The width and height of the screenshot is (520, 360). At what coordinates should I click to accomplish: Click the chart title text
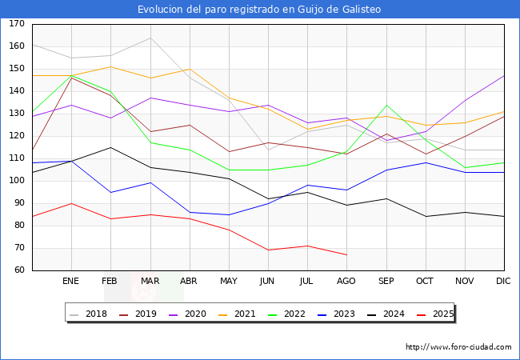259,10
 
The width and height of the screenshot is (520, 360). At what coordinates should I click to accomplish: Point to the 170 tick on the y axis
17,24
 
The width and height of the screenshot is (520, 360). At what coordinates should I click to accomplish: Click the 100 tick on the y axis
17,181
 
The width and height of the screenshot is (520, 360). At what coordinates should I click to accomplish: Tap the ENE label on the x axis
71,282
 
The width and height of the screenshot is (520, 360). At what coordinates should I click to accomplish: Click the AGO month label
346,282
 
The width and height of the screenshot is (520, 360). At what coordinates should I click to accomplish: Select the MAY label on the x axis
229,282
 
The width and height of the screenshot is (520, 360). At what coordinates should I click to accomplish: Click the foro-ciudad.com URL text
458,347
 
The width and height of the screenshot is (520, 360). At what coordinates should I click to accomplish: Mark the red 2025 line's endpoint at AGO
346,254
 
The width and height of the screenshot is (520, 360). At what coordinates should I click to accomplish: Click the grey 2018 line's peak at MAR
150,38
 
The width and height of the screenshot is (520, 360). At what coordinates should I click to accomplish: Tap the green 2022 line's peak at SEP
386,105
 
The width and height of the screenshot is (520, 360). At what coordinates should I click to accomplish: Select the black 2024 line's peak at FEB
110,147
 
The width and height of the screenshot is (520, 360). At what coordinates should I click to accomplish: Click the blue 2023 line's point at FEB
110,192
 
